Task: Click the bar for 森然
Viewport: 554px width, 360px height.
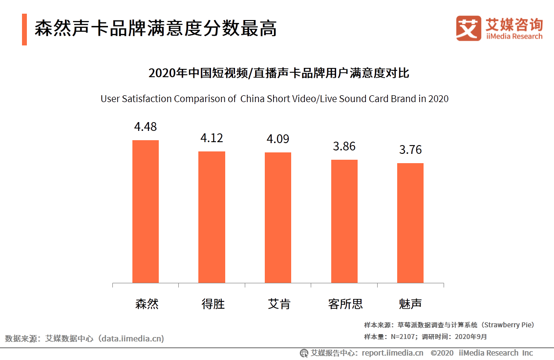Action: (146, 212)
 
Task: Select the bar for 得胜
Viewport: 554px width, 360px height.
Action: (212, 217)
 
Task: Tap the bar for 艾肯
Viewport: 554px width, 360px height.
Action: (278, 217)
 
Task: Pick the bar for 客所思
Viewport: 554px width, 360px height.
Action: (344, 221)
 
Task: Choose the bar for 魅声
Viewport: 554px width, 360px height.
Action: (410, 223)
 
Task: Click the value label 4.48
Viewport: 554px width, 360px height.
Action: (146, 127)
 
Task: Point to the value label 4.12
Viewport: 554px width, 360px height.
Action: (212, 138)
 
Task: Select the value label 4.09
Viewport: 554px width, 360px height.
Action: (278, 139)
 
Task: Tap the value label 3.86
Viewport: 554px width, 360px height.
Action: (344, 146)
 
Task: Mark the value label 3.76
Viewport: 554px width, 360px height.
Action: (410, 149)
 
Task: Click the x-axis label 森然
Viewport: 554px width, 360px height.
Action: (147, 304)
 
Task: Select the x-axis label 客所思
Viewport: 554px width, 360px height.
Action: (345, 304)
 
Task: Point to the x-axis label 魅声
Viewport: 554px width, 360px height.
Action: (410, 304)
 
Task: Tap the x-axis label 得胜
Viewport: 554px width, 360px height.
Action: (213, 304)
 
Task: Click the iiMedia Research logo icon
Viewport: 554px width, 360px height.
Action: (469, 28)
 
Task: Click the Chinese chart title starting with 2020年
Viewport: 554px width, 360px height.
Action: (278, 74)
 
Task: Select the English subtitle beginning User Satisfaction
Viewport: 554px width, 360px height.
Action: (275, 99)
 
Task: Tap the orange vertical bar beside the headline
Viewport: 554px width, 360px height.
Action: (24, 29)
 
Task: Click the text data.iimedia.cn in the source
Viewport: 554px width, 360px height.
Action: (131, 339)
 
